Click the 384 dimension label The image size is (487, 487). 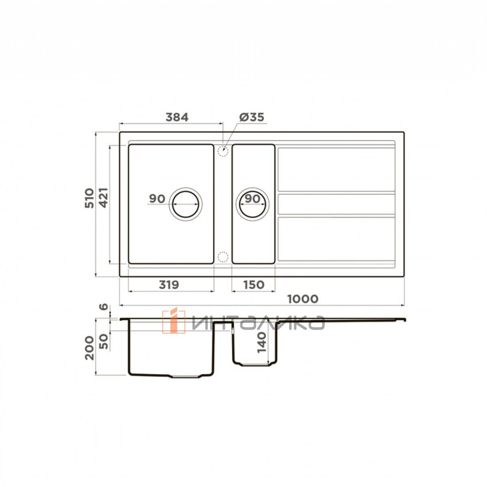(177, 117)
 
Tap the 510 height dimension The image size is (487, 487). (89, 198)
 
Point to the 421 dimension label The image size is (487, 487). (103, 198)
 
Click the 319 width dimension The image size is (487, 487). (169, 285)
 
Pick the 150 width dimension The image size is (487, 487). (254, 285)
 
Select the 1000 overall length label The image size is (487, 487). (303, 299)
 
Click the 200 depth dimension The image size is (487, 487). (89, 348)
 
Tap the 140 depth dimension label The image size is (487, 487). (262, 343)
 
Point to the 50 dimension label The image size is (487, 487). (103, 341)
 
